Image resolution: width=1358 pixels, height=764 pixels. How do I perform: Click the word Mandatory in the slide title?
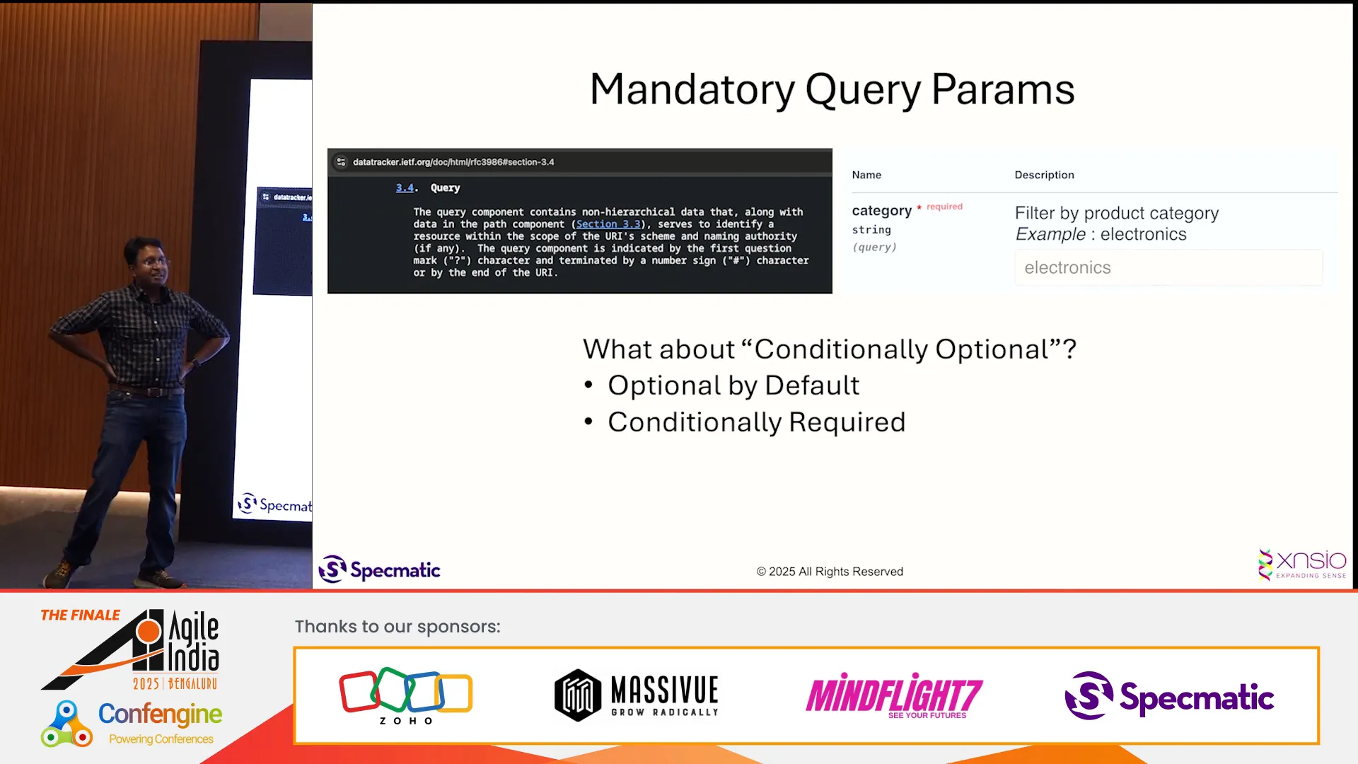click(x=693, y=90)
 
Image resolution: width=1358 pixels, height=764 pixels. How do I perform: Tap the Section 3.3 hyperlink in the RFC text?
click(x=608, y=224)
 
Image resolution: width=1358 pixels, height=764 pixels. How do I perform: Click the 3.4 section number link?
click(x=405, y=188)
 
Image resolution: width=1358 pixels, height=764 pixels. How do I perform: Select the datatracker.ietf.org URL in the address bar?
click(x=453, y=162)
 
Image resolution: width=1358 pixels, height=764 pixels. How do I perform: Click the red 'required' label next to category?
click(x=944, y=207)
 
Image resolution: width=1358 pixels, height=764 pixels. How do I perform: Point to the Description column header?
click(x=1044, y=175)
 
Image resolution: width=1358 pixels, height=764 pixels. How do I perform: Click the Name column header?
click(x=866, y=175)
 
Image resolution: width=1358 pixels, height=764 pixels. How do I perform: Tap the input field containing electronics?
click(x=1168, y=267)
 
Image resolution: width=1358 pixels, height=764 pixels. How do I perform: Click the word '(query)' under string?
click(x=874, y=247)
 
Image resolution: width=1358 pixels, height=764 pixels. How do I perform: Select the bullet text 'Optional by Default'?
click(x=733, y=386)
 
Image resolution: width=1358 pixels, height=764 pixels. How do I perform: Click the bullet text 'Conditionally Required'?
click(x=756, y=422)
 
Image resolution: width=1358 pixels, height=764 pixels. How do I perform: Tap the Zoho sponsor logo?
click(x=406, y=696)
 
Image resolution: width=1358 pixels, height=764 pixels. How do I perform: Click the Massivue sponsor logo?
click(x=637, y=695)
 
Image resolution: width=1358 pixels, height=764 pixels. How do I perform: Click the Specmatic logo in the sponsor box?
click(x=1169, y=696)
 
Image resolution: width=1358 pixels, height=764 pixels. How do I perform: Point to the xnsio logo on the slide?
click(x=1302, y=564)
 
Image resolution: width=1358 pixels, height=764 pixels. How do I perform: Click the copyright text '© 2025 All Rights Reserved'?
click(x=830, y=572)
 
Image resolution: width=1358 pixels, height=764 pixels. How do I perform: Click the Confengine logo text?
click(x=160, y=714)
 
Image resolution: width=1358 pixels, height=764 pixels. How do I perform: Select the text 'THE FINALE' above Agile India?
click(x=80, y=615)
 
